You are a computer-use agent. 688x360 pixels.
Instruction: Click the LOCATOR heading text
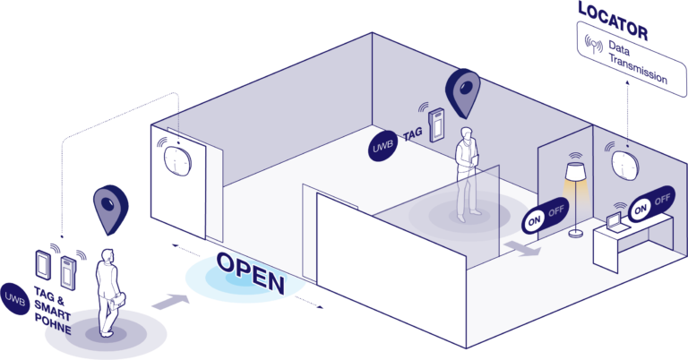(x=613, y=12)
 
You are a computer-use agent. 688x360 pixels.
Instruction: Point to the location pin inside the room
(x=463, y=93)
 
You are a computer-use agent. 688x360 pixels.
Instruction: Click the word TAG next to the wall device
(x=412, y=133)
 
